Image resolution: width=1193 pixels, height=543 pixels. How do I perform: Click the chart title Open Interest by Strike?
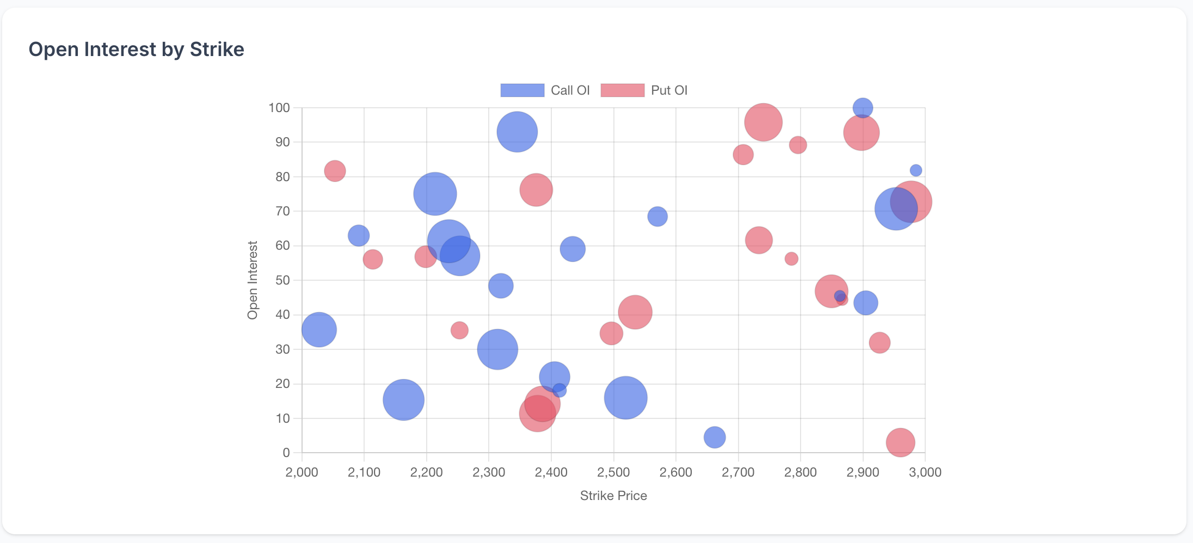(x=136, y=50)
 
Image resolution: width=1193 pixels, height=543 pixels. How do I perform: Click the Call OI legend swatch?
(x=522, y=90)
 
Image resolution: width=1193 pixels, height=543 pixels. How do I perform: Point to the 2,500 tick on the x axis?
(x=613, y=472)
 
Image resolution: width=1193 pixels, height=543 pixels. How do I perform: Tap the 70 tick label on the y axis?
(x=282, y=211)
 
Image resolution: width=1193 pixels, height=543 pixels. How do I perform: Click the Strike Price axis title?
(x=613, y=496)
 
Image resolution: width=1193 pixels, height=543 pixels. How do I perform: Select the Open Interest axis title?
(x=253, y=280)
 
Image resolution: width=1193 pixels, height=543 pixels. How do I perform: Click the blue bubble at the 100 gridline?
(x=862, y=108)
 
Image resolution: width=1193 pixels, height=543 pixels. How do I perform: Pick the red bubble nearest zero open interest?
(x=900, y=442)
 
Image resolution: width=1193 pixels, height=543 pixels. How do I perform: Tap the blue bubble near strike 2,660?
(x=715, y=437)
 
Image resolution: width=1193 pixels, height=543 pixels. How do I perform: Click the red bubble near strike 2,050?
(x=335, y=171)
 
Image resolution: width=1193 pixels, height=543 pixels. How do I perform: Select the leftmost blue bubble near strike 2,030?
(x=319, y=330)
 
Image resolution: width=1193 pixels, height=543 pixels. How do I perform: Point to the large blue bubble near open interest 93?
(x=517, y=132)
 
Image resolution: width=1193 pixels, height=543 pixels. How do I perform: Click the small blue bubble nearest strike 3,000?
(x=916, y=170)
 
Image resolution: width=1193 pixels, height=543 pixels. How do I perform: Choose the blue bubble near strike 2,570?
(x=657, y=217)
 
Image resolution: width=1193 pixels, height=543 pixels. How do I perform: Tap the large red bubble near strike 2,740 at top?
(x=763, y=122)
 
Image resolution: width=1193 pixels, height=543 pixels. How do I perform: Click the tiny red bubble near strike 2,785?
(x=791, y=259)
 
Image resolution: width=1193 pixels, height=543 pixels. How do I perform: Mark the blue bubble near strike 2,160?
(x=403, y=400)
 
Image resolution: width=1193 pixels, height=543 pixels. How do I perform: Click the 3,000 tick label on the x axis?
(x=925, y=472)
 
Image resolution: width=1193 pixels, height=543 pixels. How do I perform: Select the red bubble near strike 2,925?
(x=880, y=343)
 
